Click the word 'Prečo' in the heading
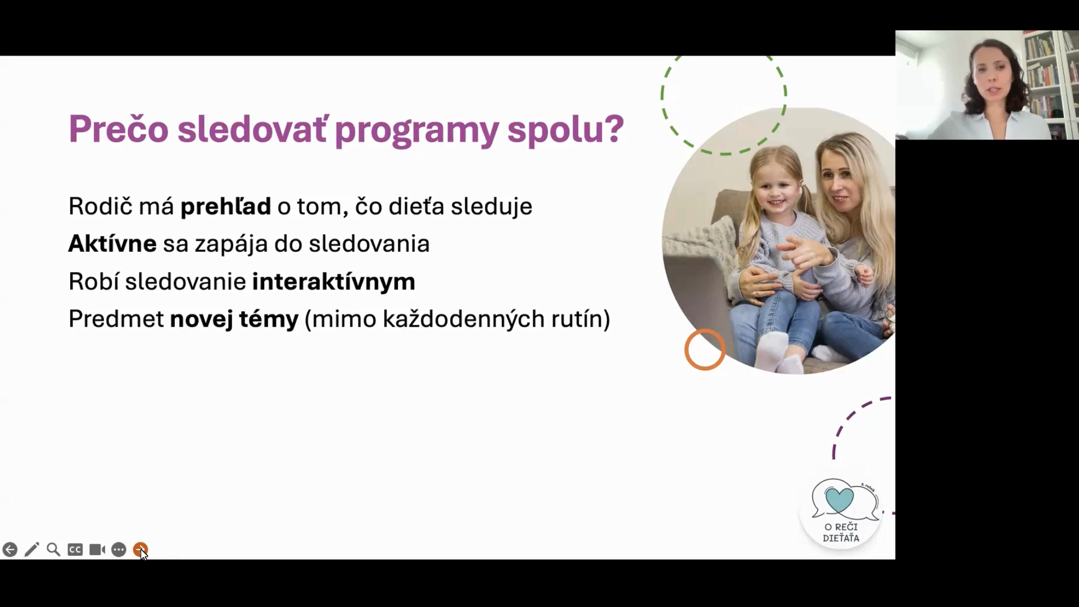[119, 129]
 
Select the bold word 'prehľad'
[225, 206]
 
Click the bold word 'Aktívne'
[112, 244]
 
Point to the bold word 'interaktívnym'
[334, 282]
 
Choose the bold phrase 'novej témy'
[234, 319]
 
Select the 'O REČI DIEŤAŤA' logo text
[841, 532]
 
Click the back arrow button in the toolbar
[10, 550]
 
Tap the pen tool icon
[32, 549]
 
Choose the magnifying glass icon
[53, 549]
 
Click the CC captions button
[75, 550]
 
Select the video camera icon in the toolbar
[97, 549]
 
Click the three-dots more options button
[119, 550]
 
